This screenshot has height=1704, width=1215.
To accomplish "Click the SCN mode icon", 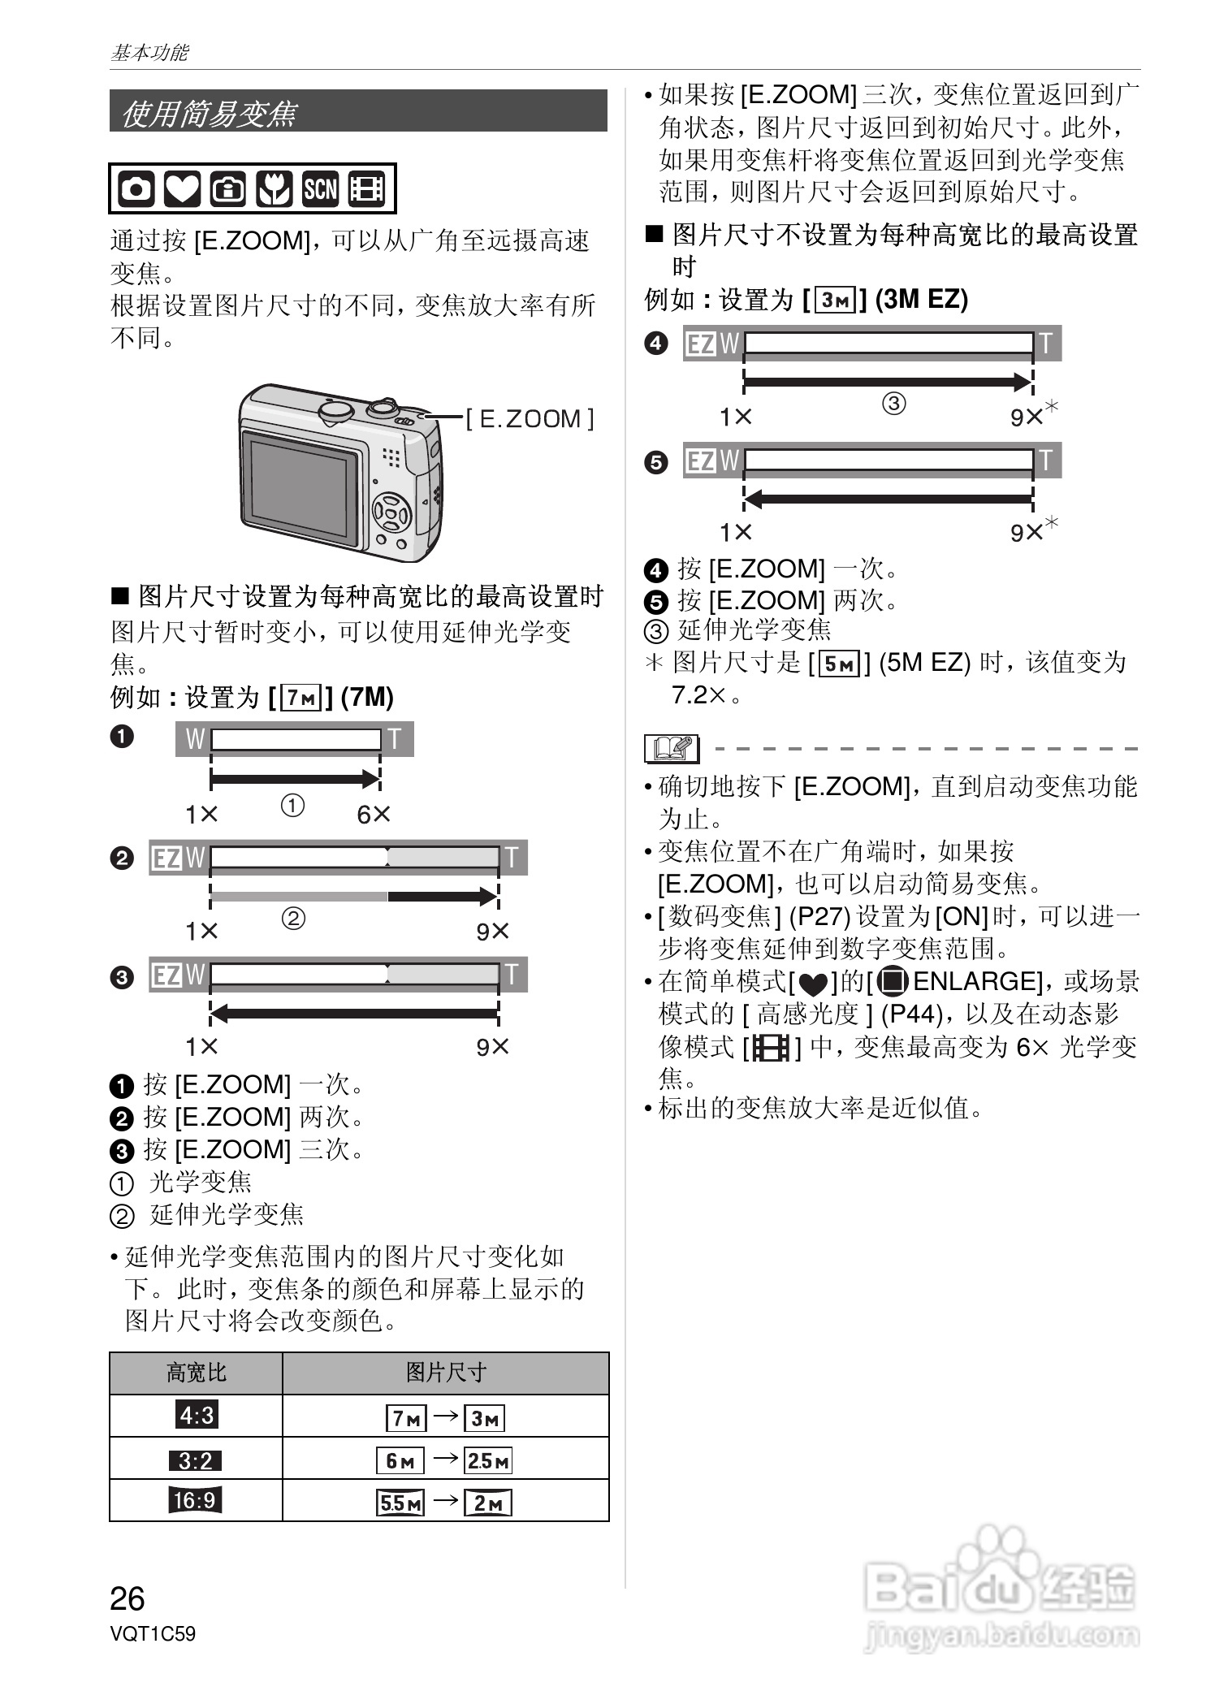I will click(x=320, y=189).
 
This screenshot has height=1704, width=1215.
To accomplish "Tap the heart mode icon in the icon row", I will click(x=182, y=189).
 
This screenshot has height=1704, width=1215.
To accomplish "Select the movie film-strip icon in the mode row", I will click(x=366, y=189).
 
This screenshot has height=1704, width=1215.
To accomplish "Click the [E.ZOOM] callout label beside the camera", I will click(x=530, y=419).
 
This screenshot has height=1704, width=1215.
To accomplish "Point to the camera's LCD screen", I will click(x=301, y=487).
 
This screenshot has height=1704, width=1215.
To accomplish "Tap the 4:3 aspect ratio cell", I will click(x=196, y=1416).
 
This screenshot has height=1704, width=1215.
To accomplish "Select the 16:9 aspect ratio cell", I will click(x=196, y=1499).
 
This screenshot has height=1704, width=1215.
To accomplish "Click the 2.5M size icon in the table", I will click(x=488, y=1460).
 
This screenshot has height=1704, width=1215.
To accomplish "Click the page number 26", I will click(x=128, y=1598).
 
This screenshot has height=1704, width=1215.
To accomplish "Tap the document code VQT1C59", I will click(x=153, y=1633).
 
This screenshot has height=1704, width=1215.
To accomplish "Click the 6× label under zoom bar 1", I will click(x=374, y=814).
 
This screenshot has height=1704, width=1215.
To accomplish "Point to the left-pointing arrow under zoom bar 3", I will click(x=354, y=1013).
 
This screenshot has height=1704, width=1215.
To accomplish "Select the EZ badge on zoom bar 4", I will click(x=701, y=345).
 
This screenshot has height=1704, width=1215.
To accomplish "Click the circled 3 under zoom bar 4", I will click(x=893, y=403).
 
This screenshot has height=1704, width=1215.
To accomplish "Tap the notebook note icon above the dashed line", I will click(x=672, y=747).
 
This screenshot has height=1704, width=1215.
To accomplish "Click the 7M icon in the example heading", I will click(x=301, y=697).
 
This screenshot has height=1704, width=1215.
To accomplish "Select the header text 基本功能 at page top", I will click(x=149, y=53).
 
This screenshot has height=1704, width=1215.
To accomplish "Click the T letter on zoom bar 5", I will click(x=1046, y=461).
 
